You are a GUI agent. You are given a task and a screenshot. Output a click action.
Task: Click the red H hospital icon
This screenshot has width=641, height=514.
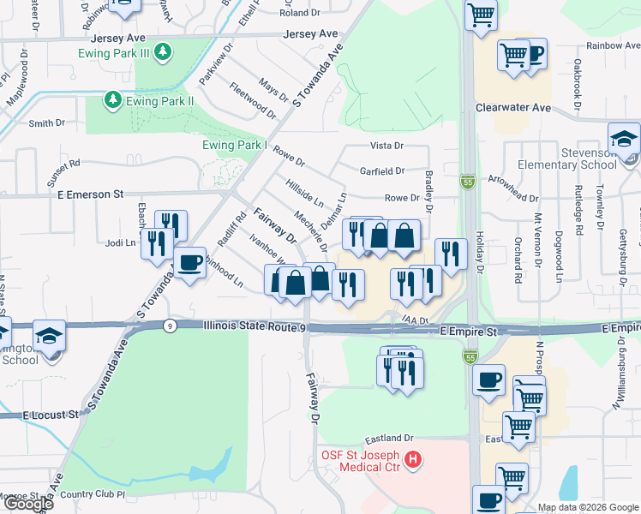pos(414,461)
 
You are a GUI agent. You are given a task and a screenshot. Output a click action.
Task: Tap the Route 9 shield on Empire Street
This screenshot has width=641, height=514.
pos(171,326)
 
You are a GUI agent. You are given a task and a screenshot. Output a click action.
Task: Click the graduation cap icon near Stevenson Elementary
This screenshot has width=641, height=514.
pos(624,140)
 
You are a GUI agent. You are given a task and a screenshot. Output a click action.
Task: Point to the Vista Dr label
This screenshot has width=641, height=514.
pos(386,146)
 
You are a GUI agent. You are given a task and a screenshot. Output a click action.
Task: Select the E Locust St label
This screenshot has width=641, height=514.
pos(50,415)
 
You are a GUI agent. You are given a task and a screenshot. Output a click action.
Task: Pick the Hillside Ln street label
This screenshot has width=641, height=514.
pos(304,197)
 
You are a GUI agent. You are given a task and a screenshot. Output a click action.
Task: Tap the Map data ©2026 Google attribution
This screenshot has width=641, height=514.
pos(587,507)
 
